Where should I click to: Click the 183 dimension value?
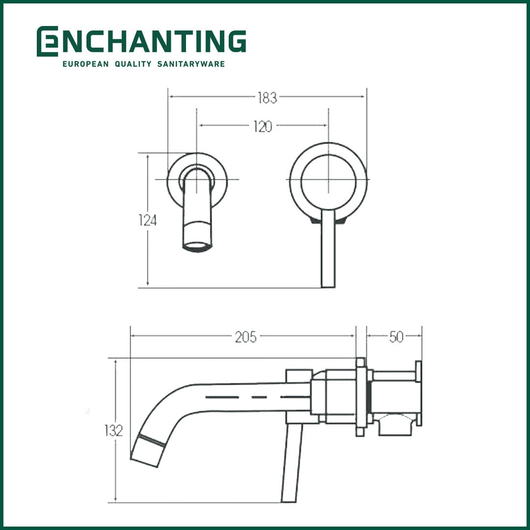pos(267,98)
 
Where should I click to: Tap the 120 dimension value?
pos(263,126)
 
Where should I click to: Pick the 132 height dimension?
pos(113,431)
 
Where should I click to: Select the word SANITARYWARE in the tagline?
pos(191,64)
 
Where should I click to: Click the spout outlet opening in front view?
pos(198,246)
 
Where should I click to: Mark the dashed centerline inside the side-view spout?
pos(255,396)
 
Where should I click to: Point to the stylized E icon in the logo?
pos(47,41)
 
